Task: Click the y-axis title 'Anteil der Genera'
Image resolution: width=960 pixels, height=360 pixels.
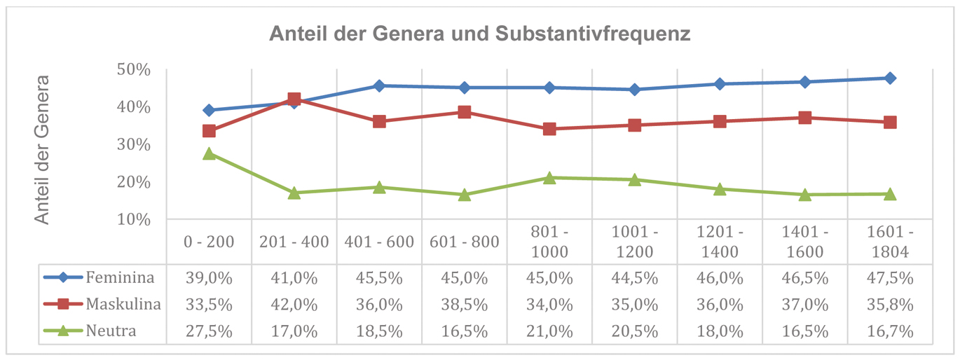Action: pos(43,149)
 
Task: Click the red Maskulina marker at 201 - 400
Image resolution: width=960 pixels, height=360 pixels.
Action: pos(294,99)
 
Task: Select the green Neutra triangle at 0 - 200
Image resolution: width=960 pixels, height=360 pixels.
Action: pos(209,153)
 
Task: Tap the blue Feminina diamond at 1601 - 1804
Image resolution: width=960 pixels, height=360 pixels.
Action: pos(890,78)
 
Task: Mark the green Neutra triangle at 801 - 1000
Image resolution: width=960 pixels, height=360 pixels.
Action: pos(549,178)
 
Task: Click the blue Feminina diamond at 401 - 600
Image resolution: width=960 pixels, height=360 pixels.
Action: pos(379,85)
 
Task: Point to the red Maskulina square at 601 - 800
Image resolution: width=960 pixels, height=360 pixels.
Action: pos(464,112)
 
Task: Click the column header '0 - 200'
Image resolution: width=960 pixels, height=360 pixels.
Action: pos(209,242)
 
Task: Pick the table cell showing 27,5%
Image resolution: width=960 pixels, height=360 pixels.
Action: pos(209,331)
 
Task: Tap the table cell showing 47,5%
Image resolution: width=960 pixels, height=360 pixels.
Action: pos(890,278)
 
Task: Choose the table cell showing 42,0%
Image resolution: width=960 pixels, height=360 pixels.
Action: pos(294,305)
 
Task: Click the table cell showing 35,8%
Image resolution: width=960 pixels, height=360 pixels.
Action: pos(890,305)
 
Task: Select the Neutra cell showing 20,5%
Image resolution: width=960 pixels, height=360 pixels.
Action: pos(634,331)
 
